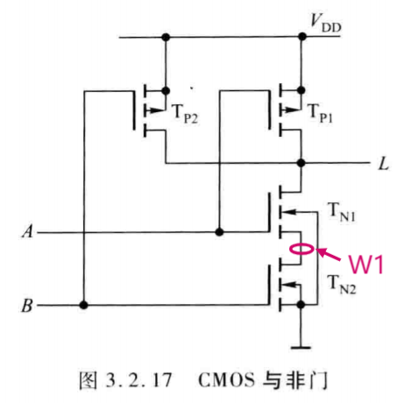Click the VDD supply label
tap(326, 24)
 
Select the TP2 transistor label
tap(185, 114)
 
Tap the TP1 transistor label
tap(320, 113)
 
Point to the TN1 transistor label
tap(342, 213)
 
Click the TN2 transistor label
tap(342, 285)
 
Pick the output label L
tap(384, 164)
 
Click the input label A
tap(28, 231)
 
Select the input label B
tap(27, 306)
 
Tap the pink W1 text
tap(366, 265)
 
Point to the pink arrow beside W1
tap(329, 254)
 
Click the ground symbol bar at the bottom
tap(301, 347)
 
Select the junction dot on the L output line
tap(301, 163)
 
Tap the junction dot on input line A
tap(219, 232)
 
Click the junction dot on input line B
tap(83, 306)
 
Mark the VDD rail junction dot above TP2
tap(166, 37)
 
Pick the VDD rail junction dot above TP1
tap(302, 37)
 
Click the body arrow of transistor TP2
tap(154, 110)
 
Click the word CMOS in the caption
tap(226, 380)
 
